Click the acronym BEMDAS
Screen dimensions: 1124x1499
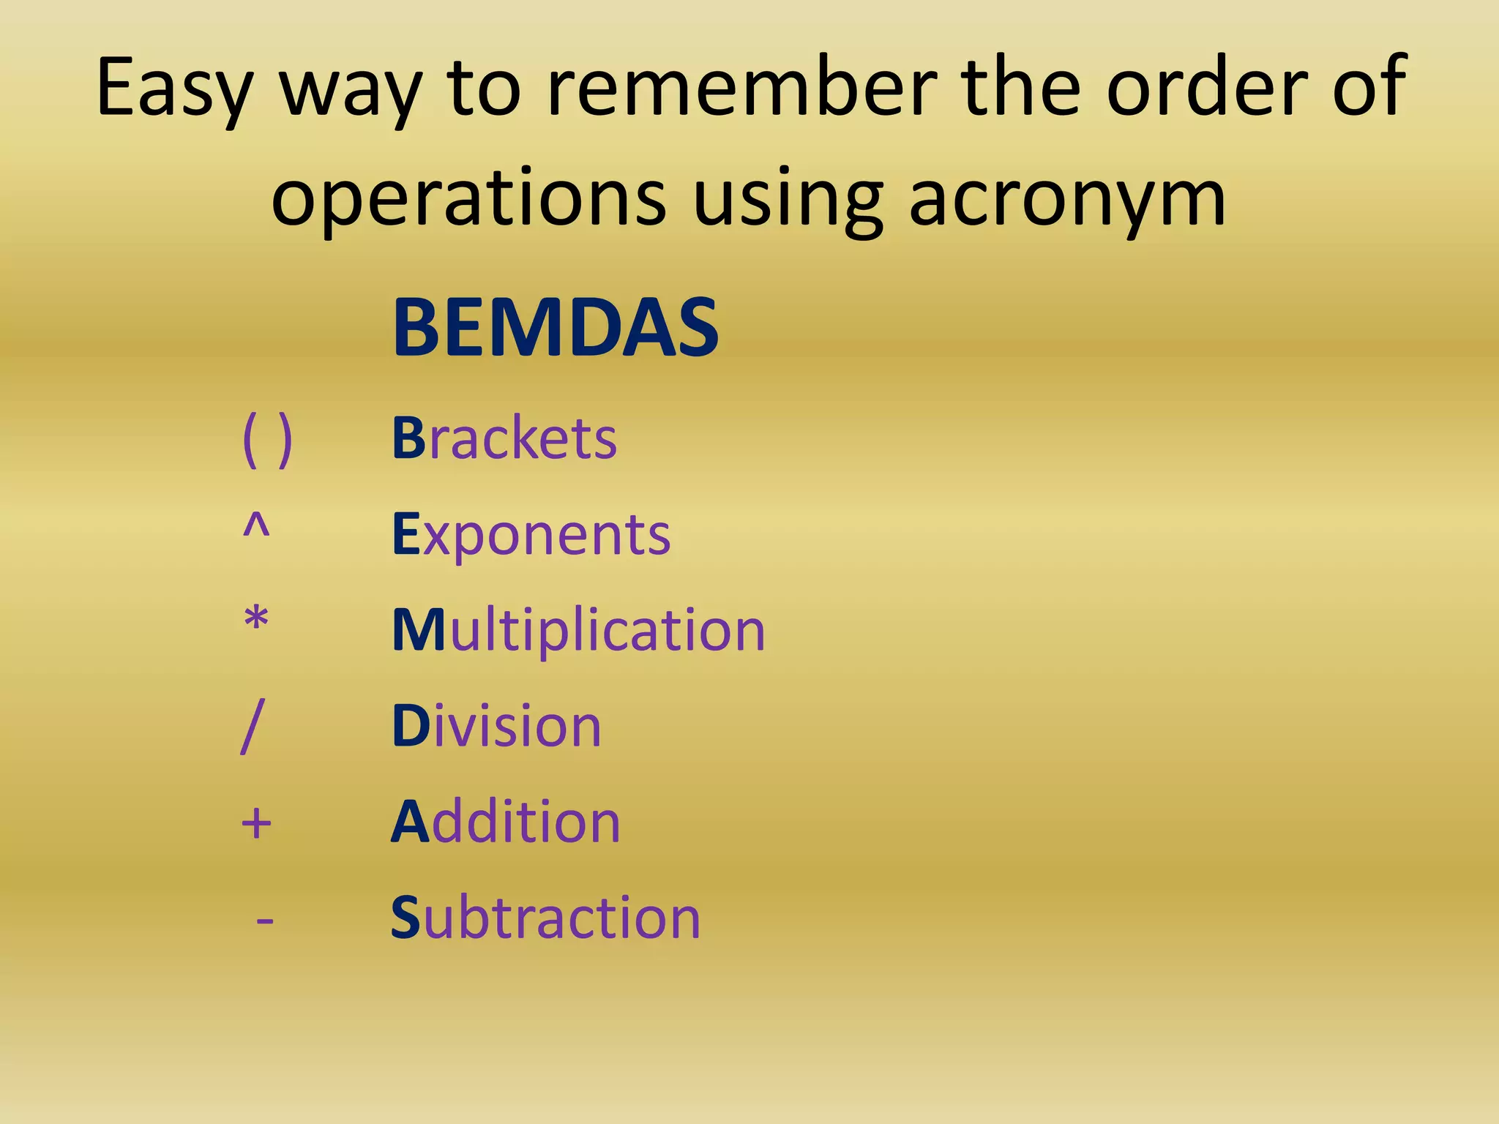[555, 327]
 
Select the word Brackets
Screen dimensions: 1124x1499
[504, 438]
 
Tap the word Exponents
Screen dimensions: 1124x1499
[531, 535]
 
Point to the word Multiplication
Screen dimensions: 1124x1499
[578, 630]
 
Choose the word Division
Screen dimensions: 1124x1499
[496, 726]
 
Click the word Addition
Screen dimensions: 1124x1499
[505, 822]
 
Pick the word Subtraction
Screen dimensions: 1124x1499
[545, 918]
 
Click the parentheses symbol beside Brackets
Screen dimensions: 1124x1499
[267, 439]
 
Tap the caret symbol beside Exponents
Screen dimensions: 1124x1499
[256, 525]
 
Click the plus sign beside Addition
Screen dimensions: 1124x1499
[256, 823]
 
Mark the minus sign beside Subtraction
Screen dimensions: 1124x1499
[265, 920]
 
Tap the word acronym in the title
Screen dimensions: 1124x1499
[1066, 200]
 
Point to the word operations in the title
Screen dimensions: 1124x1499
[468, 200]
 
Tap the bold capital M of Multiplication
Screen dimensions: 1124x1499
[419, 630]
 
